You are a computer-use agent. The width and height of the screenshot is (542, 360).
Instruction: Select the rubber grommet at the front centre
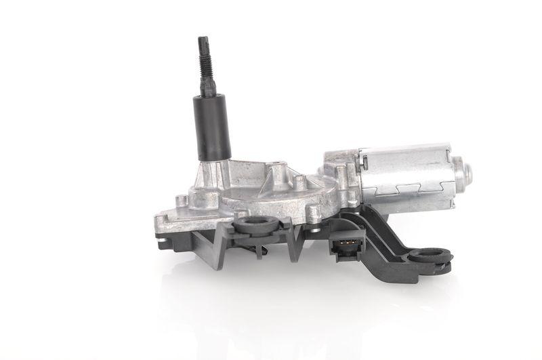click(x=256, y=226)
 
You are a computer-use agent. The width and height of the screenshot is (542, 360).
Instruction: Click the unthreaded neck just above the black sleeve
click(x=207, y=89)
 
